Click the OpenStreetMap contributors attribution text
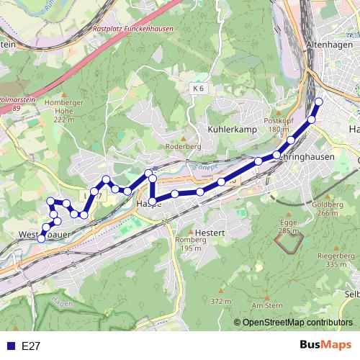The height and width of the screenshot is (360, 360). (x=297, y=323)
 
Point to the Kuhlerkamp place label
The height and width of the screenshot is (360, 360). (x=233, y=129)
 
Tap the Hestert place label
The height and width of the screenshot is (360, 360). (x=210, y=233)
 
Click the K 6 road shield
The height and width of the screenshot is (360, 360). (x=199, y=88)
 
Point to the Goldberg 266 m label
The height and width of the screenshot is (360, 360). (x=326, y=209)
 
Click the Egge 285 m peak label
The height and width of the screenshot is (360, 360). (x=288, y=227)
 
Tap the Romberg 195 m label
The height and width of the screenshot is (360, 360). (x=191, y=243)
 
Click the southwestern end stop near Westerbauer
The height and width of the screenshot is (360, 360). (x=41, y=238)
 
